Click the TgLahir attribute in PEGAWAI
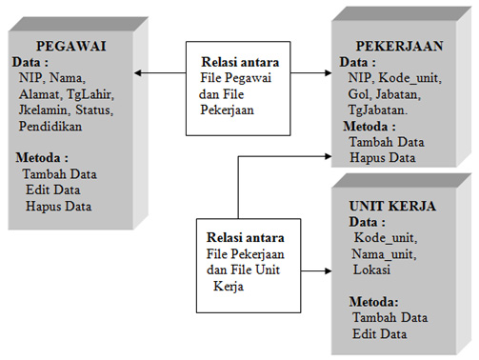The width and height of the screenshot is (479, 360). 90,94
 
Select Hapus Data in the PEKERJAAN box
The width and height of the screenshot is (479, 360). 383,156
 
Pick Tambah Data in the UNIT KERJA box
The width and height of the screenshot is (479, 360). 388,317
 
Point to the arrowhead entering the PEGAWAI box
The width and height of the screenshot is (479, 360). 138,71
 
